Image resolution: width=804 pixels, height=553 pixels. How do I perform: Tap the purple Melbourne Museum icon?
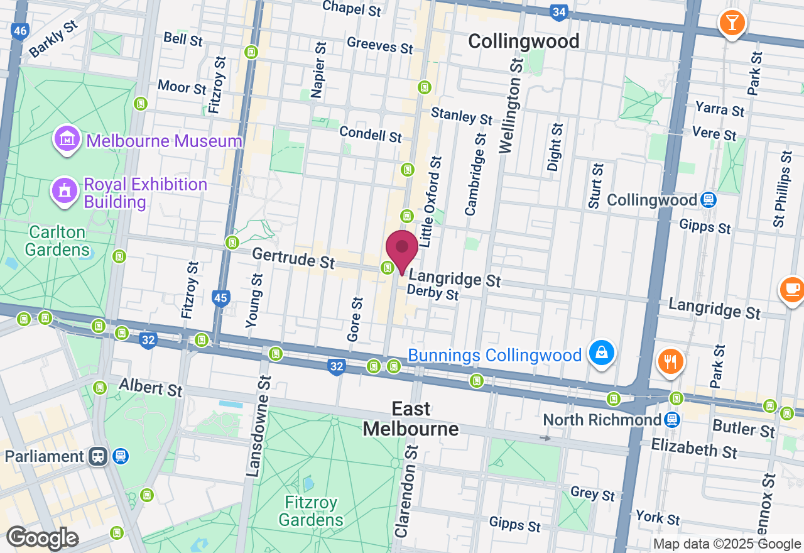(66, 140)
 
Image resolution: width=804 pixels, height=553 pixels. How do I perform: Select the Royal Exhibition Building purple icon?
(63, 191)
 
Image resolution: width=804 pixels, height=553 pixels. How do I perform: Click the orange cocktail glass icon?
(731, 23)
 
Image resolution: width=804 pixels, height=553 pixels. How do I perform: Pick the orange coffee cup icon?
(791, 289)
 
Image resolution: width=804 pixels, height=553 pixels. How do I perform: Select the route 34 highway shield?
(558, 11)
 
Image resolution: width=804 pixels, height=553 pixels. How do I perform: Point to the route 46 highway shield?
(20, 31)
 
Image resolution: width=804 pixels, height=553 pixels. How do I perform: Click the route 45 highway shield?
(220, 298)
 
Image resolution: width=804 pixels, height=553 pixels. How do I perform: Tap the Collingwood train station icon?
(709, 200)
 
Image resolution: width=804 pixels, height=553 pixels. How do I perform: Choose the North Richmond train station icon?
(672, 419)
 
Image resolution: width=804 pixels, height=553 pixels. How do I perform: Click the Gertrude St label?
(293, 258)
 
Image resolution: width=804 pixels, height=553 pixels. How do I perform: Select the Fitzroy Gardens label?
(311, 512)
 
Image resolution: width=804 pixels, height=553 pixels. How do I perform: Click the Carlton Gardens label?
(57, 241)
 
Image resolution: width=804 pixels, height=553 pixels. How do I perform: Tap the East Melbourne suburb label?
(411, 419)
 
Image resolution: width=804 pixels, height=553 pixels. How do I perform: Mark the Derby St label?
(433, 293)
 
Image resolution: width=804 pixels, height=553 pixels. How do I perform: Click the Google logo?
(42, 538)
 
